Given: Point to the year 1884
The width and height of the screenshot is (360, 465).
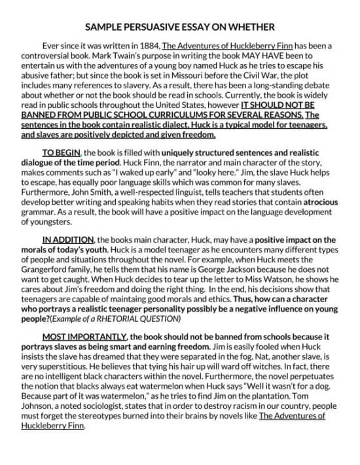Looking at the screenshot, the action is (x=145, y=46).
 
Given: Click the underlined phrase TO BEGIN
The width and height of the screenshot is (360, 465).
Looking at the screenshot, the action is (x=61, y=143).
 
